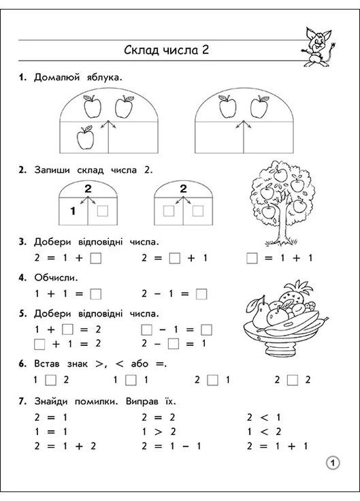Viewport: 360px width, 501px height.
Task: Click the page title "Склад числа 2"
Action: click(166, 50)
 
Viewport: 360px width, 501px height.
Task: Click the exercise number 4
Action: click(22, 277)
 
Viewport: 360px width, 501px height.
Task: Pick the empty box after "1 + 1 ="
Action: click(95, 294)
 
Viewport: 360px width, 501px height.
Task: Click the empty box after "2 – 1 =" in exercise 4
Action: click(201, 294)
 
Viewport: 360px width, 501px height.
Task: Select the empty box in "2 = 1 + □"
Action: click(95, 259)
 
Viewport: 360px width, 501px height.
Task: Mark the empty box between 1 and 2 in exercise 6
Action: click(50, 380)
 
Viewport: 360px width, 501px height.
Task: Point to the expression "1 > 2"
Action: click(159, 432)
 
